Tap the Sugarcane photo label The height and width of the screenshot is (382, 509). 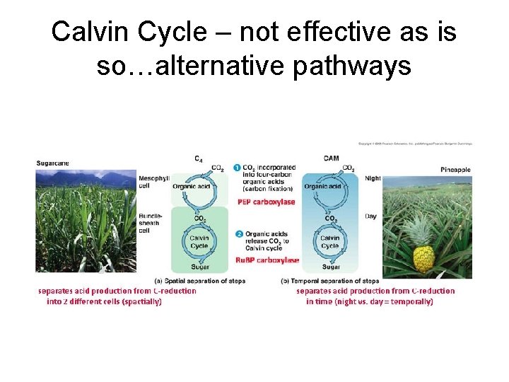coord(53,163)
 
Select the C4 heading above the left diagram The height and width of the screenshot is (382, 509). coord(201,158)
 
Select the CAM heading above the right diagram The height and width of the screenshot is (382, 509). coord(331,158)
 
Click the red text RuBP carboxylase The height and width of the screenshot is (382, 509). coord(267,260)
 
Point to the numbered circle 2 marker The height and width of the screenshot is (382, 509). coord(238,233)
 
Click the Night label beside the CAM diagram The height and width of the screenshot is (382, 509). coord(373,178)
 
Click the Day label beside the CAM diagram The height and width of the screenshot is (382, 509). coord(370,216)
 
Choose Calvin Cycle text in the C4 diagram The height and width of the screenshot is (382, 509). coord(199,242)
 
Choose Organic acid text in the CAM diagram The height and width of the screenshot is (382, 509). coord(323,187)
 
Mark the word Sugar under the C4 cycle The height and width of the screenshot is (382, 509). coord(200,267)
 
